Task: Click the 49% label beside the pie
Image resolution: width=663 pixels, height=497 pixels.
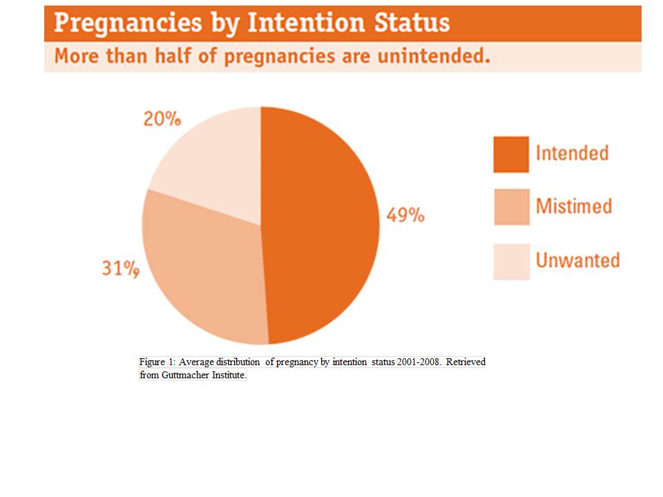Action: [x=405, y=215]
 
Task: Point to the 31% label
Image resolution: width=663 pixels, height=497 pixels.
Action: [x=120, y=269]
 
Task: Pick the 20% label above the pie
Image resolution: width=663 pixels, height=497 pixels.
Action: [x=162, y=119]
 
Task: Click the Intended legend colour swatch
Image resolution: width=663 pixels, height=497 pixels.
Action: [x=511, y=154]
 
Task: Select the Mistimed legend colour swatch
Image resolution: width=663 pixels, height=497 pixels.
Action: [x=512, y=206]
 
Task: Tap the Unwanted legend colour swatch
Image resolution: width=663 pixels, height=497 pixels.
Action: [x=512, y=261]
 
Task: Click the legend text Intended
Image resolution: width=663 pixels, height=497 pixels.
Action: [x=572, y=153]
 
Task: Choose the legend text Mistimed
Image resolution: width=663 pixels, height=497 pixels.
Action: [x=574, y=206]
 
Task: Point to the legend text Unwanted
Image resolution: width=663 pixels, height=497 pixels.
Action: [x=577, y=260]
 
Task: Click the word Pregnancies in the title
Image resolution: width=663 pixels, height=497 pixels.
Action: [x=128, y=23]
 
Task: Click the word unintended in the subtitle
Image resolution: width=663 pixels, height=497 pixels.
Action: [x=434, y=56]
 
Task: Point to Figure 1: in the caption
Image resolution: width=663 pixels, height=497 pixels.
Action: [x=157, y=362]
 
